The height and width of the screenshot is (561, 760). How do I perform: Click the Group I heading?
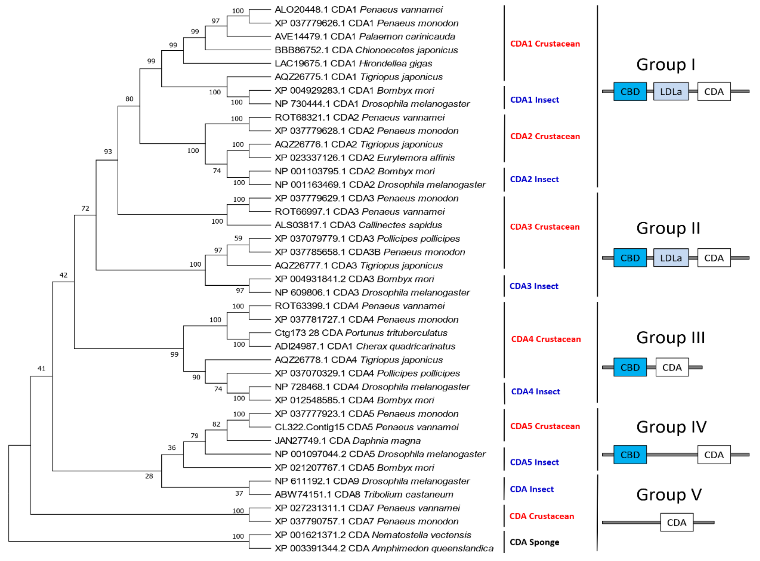666,65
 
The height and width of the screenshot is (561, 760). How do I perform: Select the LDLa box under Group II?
670,258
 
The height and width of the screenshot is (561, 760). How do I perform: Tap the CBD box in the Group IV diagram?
630,455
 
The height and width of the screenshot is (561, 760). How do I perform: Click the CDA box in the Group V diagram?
676,522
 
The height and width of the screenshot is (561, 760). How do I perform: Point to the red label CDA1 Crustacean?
545,44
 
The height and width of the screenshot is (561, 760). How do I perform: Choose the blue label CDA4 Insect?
535,391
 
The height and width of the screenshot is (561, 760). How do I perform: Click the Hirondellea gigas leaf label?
353,63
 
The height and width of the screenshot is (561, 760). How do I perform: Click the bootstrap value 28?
149,476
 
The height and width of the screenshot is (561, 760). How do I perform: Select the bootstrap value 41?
41,369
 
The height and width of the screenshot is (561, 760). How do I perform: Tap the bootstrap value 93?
108,151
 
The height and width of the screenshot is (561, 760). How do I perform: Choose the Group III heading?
670,338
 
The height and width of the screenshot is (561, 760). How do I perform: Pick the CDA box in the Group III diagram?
672,367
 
